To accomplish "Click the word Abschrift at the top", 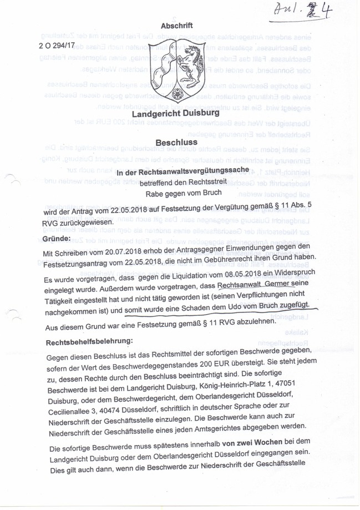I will pos(177,26).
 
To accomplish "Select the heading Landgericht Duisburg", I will pos(175,114).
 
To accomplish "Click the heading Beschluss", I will pos(176,143).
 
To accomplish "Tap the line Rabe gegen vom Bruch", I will pos(183,193).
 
